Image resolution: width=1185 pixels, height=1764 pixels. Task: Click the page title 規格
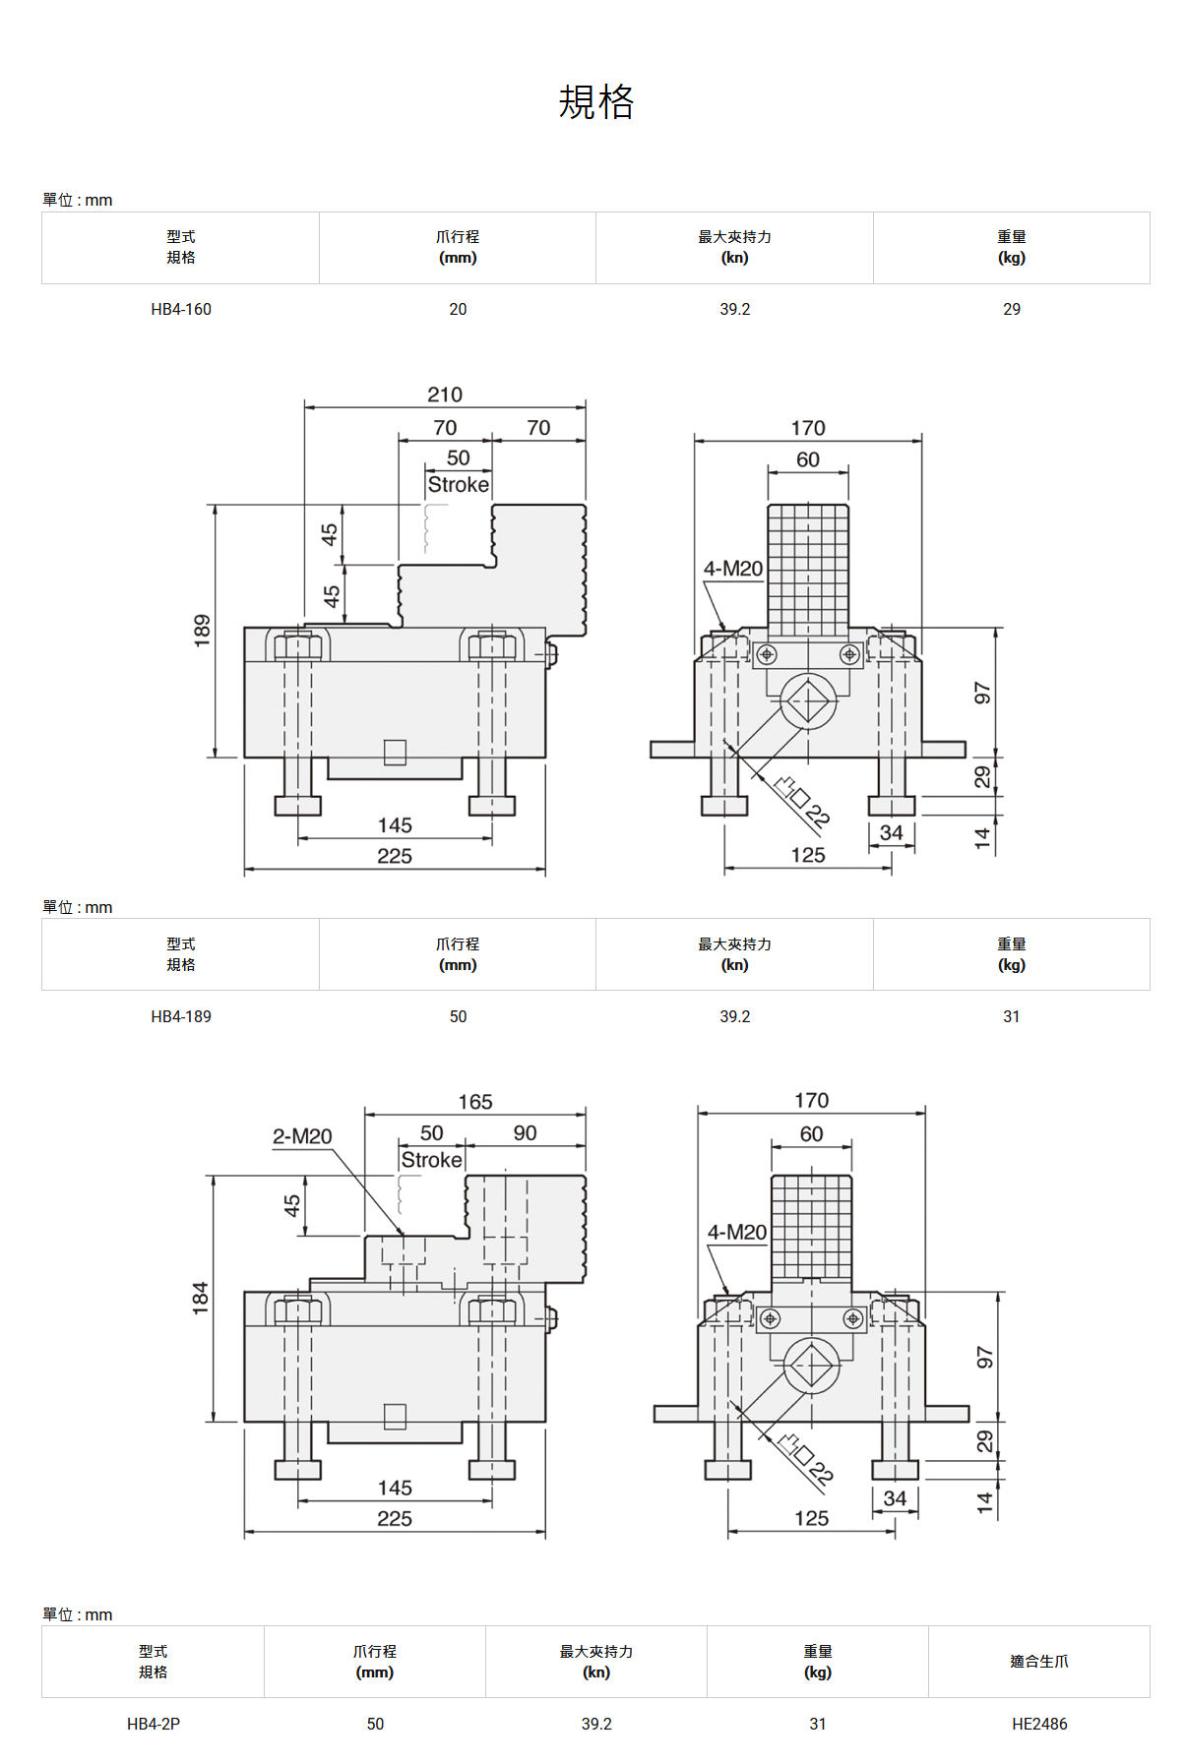596,101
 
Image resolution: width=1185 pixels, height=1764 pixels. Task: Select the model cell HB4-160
181,309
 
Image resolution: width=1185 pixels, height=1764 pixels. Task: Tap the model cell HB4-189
181,1016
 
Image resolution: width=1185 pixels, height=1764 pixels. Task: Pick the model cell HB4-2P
154,1724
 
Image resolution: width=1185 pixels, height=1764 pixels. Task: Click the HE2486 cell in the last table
1039,1724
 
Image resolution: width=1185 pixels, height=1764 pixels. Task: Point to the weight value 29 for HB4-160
1012,309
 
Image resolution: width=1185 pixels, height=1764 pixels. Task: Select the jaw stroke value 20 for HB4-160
458,309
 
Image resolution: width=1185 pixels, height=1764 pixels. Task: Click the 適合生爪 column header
1039,1662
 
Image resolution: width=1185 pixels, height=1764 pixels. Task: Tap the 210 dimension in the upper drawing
445,395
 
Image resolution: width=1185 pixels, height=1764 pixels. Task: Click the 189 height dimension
202,631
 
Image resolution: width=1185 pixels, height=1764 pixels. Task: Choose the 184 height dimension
200,1298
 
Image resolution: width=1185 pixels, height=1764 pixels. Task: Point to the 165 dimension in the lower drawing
475,1102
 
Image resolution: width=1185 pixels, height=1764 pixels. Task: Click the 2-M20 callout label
302,1136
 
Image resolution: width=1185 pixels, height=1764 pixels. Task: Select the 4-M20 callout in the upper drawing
733,569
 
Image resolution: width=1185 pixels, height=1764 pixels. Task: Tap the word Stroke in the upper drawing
459,485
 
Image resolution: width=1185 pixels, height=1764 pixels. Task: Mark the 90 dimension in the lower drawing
526,1132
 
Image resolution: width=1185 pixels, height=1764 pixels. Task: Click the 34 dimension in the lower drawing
895,1498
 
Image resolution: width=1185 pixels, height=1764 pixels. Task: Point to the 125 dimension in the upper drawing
808,855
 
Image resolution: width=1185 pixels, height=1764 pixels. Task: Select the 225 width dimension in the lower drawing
395,1518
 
